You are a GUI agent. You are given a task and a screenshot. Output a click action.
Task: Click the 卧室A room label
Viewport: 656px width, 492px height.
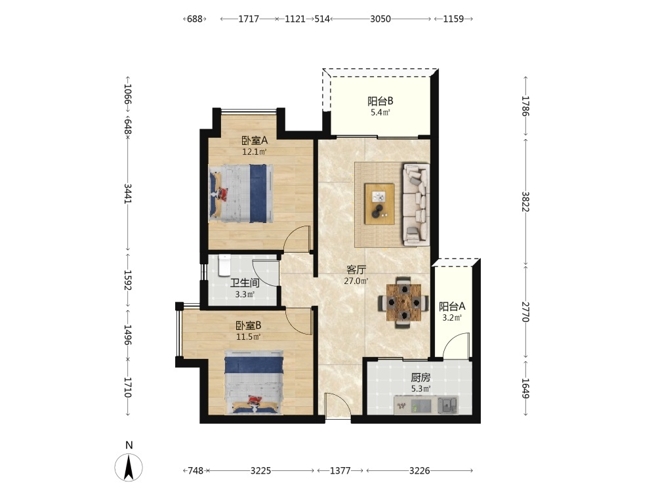click(255, 140)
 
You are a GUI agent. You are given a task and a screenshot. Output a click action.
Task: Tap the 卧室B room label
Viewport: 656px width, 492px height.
click(249, 325)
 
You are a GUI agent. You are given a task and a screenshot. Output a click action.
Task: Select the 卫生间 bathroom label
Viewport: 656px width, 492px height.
click(245, 283)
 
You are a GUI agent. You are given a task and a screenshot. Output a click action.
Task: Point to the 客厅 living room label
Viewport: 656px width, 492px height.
click(356, 270)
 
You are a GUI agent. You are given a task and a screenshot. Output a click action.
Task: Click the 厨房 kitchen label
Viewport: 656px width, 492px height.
click(420, 378)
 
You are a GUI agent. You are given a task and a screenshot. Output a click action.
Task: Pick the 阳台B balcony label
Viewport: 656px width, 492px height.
click(380, 101)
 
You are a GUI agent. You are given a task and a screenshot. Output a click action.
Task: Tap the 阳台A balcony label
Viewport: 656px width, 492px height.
click(452, 306)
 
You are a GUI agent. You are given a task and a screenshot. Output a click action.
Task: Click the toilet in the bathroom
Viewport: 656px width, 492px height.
click(224, 265)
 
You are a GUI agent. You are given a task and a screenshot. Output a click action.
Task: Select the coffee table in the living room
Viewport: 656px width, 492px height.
click(379, 204)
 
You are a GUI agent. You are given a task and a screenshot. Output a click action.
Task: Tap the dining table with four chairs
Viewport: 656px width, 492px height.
click(403, 302)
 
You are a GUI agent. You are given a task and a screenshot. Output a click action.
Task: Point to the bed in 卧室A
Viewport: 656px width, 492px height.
click(241, 193)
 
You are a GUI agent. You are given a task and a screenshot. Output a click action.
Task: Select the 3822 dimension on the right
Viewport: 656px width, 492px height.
click(525, 201)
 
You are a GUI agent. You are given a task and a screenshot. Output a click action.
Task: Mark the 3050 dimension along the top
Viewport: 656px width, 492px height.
click(380, 19)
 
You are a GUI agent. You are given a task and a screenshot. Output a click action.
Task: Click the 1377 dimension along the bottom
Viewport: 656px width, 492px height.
click(340, 470)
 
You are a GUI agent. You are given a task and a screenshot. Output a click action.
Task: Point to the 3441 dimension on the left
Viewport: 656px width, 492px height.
click(128, 194)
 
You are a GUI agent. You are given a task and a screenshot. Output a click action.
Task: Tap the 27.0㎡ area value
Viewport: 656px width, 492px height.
click(356, 281)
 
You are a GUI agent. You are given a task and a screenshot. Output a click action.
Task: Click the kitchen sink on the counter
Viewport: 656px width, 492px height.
click(447, 405)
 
